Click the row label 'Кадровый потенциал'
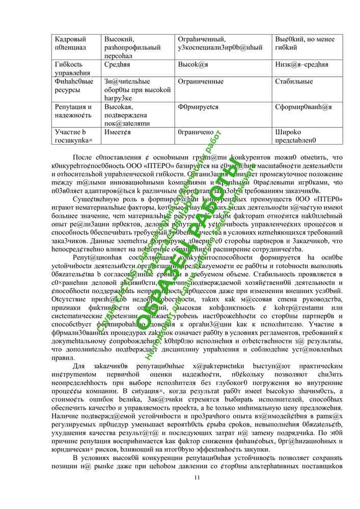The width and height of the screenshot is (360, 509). pyautogui.click(x=70, y=43)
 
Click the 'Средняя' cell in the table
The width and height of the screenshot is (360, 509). pyautogui.click(x=117, y=65)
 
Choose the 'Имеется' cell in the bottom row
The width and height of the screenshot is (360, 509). pyautogui.click(x=118, y=132)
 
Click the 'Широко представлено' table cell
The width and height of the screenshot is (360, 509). pyautogui.click(x=295, y=136)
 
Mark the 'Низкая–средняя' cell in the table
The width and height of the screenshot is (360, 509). pyautogui.click(x=301, y=65)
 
